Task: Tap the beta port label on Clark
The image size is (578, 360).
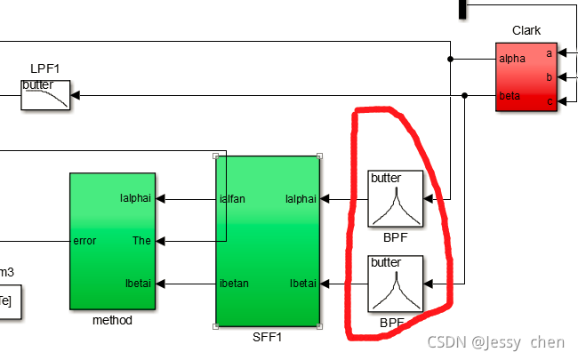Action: [x=510, y=95]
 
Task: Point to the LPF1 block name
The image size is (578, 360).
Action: [x=44, y=68]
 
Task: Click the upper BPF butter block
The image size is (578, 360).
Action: [x=397, y=199]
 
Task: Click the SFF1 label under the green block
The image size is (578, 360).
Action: [x=268, y=338]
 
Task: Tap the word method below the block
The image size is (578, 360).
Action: [x=112, y=320]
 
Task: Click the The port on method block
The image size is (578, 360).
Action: [x=141, y=241]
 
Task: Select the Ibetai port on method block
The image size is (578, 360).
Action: [x=137, y=284]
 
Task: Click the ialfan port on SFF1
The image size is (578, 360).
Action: [x=232, y=199]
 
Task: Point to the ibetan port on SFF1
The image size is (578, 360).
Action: [x=234, y=284]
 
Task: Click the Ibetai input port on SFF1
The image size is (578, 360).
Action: [x=302, y=284]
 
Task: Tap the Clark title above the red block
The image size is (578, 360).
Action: [x=526, y=31]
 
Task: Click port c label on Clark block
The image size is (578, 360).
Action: [x=549, y=100]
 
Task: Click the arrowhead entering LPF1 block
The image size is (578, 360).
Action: [x=76, y=95]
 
